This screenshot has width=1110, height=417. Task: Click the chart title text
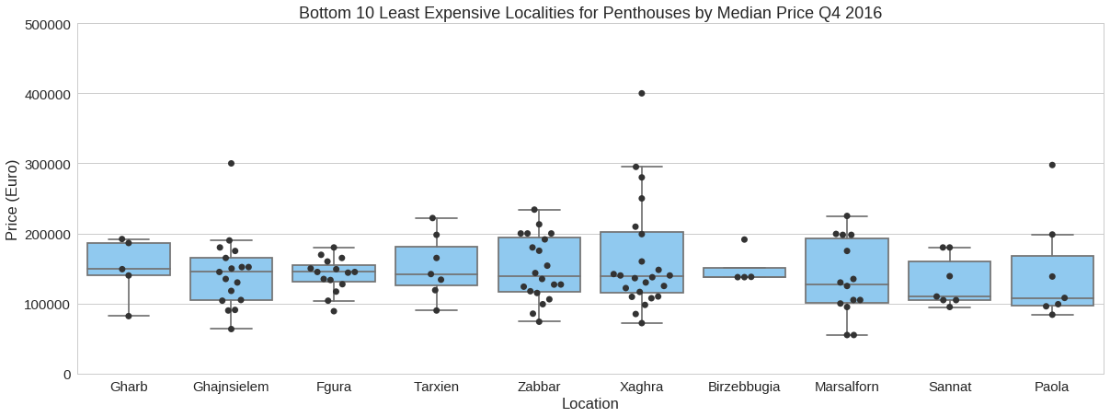point(590,12)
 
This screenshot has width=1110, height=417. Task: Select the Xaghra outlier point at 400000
point(642,93)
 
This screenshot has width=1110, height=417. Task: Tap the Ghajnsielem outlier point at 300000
point(231,163)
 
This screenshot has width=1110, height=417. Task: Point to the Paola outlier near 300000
point(1052,165)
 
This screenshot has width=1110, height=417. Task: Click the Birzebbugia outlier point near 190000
point(744,239)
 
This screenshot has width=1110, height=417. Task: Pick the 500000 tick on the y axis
point(45,24)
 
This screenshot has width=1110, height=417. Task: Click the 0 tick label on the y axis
point(66,375)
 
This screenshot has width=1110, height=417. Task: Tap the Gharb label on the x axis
point(129,388)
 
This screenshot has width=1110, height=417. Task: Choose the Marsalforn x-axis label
point(847,388)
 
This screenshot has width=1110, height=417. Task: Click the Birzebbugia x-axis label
point(744,388)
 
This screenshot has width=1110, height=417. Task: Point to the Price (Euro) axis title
point(12,199)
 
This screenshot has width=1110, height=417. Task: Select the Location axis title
point(589,404)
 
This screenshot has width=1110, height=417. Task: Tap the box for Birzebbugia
point(744,272)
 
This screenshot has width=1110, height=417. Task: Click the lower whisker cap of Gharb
point(129,316)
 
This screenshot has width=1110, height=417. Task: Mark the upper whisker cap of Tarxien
point(437,218)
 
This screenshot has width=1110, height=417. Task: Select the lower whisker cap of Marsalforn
point(847,335)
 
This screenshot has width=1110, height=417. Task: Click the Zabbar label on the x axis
point(539,388)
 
